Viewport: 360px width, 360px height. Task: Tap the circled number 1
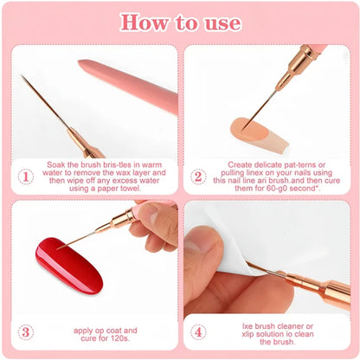coord(26,176)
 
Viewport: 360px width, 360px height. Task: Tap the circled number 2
coord(197,176)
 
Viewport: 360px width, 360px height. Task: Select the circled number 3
coord(26,331)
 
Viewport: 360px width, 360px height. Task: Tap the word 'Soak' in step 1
coord(61,162)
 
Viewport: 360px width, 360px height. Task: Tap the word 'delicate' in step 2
coord(276,162)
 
